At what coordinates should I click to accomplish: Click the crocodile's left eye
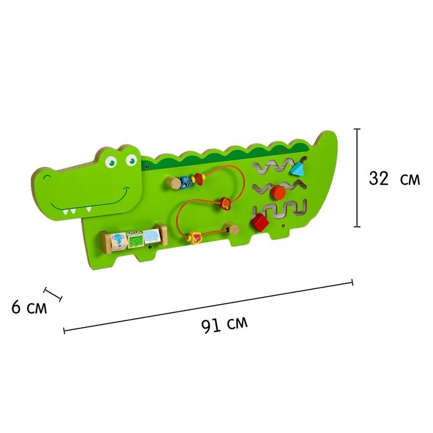[x=111, y=162]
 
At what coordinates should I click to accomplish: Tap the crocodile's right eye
[x=131, y=160]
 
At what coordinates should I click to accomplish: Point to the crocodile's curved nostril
[x=48, y=177]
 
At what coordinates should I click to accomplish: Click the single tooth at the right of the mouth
[x=88, y=209]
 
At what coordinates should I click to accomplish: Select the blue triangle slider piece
[x=297, y=168]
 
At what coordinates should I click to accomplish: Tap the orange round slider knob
[x=278, y=192]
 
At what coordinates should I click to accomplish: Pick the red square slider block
[x=260, y=223]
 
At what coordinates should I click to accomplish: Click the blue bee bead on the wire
[x=187, y=182]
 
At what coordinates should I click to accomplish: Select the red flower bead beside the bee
[x=199, y=179]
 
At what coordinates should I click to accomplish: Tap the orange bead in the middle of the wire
[x=225, y=204]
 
